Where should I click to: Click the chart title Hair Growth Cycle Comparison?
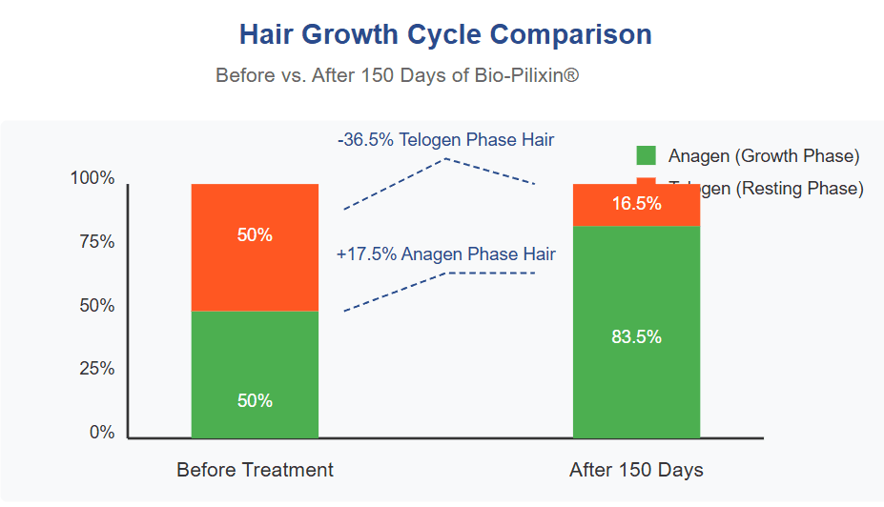[445, 35]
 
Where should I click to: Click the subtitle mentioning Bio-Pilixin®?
[397, 75]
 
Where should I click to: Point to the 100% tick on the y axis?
[93, 178]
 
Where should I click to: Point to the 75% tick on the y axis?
[95, 242]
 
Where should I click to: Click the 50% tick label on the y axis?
[95, 306]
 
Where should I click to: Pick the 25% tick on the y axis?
[95, 369]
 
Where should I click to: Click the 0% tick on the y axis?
[101, 433]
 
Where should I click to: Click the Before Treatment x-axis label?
[255, 470]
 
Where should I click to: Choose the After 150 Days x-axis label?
[636, 470]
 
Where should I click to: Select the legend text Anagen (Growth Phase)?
[764, 156]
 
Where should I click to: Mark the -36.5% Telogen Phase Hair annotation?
[445, 140]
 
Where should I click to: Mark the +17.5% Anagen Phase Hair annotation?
[445, 254]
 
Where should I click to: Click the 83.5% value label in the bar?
[636, 336]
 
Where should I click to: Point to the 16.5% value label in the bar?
[636, 203]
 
